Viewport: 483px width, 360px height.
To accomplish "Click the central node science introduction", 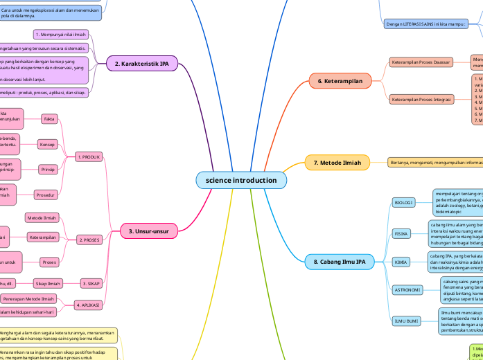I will [241, 180].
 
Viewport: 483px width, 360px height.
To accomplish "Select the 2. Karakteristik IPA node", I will [141, 64].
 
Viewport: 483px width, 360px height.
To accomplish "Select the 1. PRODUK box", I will [89, 157].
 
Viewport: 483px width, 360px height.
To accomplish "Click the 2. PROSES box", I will [89, 240].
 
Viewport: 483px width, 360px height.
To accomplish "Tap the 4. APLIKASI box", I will [89, 305].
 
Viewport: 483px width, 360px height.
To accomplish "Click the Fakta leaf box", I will [50, 119].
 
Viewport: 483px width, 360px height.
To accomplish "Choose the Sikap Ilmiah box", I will [49, 283].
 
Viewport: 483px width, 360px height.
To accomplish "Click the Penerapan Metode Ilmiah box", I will [28, 299].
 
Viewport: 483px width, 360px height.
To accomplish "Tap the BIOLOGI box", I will [403, 203].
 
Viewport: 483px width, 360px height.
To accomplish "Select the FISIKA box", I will [401, 234].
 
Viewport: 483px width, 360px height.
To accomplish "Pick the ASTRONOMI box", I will [407, 289].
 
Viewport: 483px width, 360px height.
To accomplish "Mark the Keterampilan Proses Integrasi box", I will [421, 100].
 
